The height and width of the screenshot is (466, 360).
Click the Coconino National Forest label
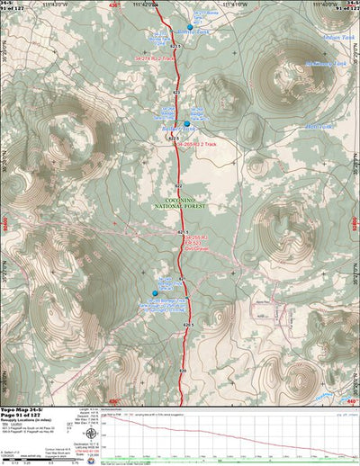click(x=184, y=203)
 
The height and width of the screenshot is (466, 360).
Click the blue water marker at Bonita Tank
click(x=190, y=27)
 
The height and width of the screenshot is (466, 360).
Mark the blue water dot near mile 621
click(x=155, y=293)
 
